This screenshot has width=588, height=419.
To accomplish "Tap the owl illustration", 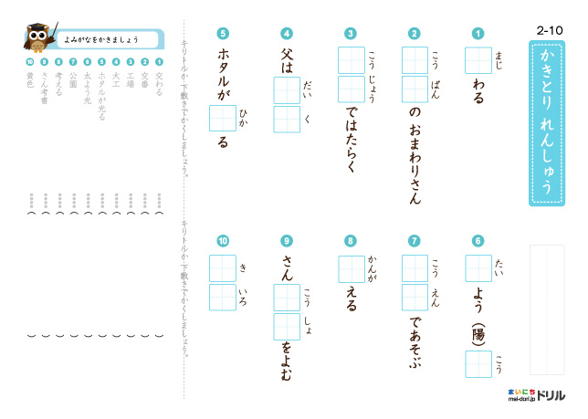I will click(x=39, y=40).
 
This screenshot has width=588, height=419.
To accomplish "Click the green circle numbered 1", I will click(x=478, y=34).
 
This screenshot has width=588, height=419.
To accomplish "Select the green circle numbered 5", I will click(x=223, y=34).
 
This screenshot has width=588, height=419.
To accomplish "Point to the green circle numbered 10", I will click(x=223, y=241).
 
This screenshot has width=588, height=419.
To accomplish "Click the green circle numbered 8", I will click(x=351, y=241).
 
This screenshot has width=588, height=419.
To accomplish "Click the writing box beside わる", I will click(x=478, y=60).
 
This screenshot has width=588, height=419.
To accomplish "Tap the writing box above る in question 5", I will click(x=223, y=119).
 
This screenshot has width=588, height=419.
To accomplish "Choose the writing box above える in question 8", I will click(x=351, y=269).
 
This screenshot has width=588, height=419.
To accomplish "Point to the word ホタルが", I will click(x=223, y=72).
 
